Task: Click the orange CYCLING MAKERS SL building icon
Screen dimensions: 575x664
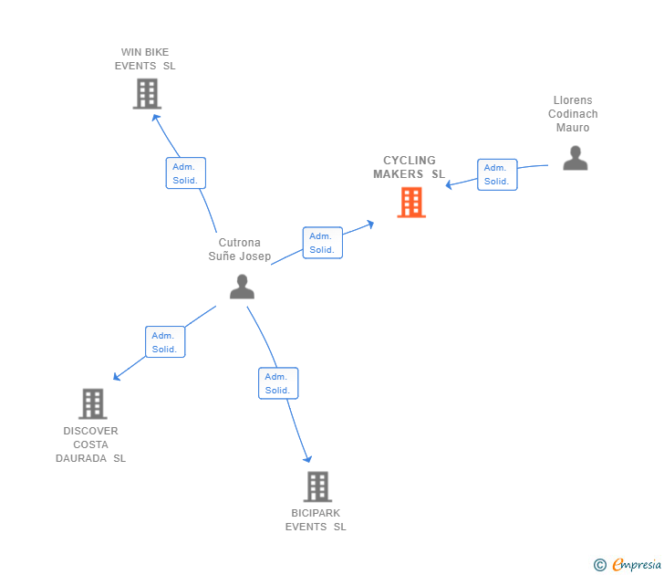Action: click(411, 203)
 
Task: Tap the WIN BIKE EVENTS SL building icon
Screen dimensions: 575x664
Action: click(146, 93)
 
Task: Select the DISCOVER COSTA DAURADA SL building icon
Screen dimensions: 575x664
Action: click(92, 403)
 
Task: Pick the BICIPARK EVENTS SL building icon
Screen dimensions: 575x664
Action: click(316, 486)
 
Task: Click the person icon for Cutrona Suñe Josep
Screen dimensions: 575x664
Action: click(242, 287)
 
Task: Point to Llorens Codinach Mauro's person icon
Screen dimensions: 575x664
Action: click(575, 158)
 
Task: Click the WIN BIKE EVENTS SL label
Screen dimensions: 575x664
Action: click(145, 59)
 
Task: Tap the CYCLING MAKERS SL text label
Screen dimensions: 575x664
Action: click(409, 167)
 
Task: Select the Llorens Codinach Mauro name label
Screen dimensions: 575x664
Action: click(573, 114)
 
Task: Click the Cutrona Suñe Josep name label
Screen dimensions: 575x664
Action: click(240, 249)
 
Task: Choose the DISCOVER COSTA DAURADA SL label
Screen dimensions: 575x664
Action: click(90, 444)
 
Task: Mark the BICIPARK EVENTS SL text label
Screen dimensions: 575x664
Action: click(316, 519)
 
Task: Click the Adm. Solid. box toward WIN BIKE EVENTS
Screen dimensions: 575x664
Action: click(186, 172)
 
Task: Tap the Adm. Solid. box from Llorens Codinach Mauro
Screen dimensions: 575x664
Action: click(497, 174)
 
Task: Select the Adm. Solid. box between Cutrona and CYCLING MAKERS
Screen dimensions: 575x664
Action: click(322, 243)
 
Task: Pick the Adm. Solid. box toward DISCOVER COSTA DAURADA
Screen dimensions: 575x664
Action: click(165, 341)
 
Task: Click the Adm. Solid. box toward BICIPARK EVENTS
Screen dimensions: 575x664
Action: click(278, 383)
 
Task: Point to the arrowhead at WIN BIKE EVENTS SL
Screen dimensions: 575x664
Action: click(155, 116)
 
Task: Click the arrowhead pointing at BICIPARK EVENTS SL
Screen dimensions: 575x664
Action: click(307, 458)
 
